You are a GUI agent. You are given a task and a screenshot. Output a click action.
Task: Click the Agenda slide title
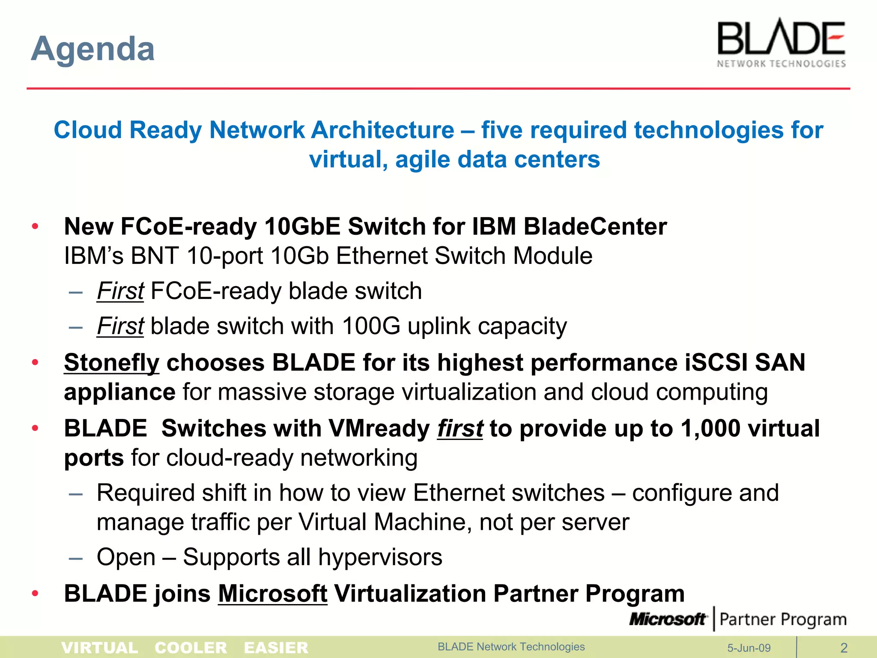click(x=93, y=49)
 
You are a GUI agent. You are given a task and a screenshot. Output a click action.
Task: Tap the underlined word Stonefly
click(x=112, y=363)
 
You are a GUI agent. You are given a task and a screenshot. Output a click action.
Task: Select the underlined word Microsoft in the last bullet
click(x=273, y=594)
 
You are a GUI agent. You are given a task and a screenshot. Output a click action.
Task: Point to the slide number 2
click(x=844, y=648)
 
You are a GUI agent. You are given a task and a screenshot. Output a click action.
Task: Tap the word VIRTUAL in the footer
click(x=100, y=648)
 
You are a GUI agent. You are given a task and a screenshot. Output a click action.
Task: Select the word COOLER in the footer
click(x=191, y=648)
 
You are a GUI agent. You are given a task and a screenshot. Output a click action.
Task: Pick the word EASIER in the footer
click(x=276, y=648)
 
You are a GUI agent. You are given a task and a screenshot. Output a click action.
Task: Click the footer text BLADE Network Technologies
click(x=511, y=647)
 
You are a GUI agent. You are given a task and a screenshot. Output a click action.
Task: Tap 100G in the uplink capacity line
click(x=371, y=326)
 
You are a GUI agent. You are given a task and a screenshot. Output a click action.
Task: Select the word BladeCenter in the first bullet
click(x=595, y=227)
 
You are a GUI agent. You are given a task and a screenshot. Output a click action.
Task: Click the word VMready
click(x=379, y=428)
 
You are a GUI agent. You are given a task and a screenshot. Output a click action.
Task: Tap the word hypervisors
click(x=380, y=557)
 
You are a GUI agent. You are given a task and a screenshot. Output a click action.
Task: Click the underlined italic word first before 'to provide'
click(x=460, y=428)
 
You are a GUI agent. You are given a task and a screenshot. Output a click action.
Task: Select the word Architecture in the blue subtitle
click(x=383, y=130)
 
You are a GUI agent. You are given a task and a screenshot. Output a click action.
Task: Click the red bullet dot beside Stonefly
click(x=36, y=363)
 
